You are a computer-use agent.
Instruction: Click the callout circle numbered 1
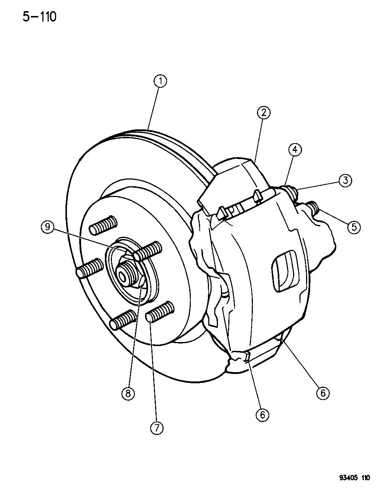click(160, 81)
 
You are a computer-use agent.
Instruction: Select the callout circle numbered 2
click(264, 113)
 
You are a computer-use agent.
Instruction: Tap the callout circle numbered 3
click(345, 180)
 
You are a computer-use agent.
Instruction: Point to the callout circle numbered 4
click(295, 150)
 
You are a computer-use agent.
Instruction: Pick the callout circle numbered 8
click(128, 393)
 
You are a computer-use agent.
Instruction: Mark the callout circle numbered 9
click(48, 227)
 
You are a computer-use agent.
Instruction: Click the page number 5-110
click(39, 17)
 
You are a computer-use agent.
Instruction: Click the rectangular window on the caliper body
click(285, 271)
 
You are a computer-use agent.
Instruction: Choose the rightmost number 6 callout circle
click(323, 393)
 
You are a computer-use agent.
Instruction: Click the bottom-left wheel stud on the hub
click(123, 320)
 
